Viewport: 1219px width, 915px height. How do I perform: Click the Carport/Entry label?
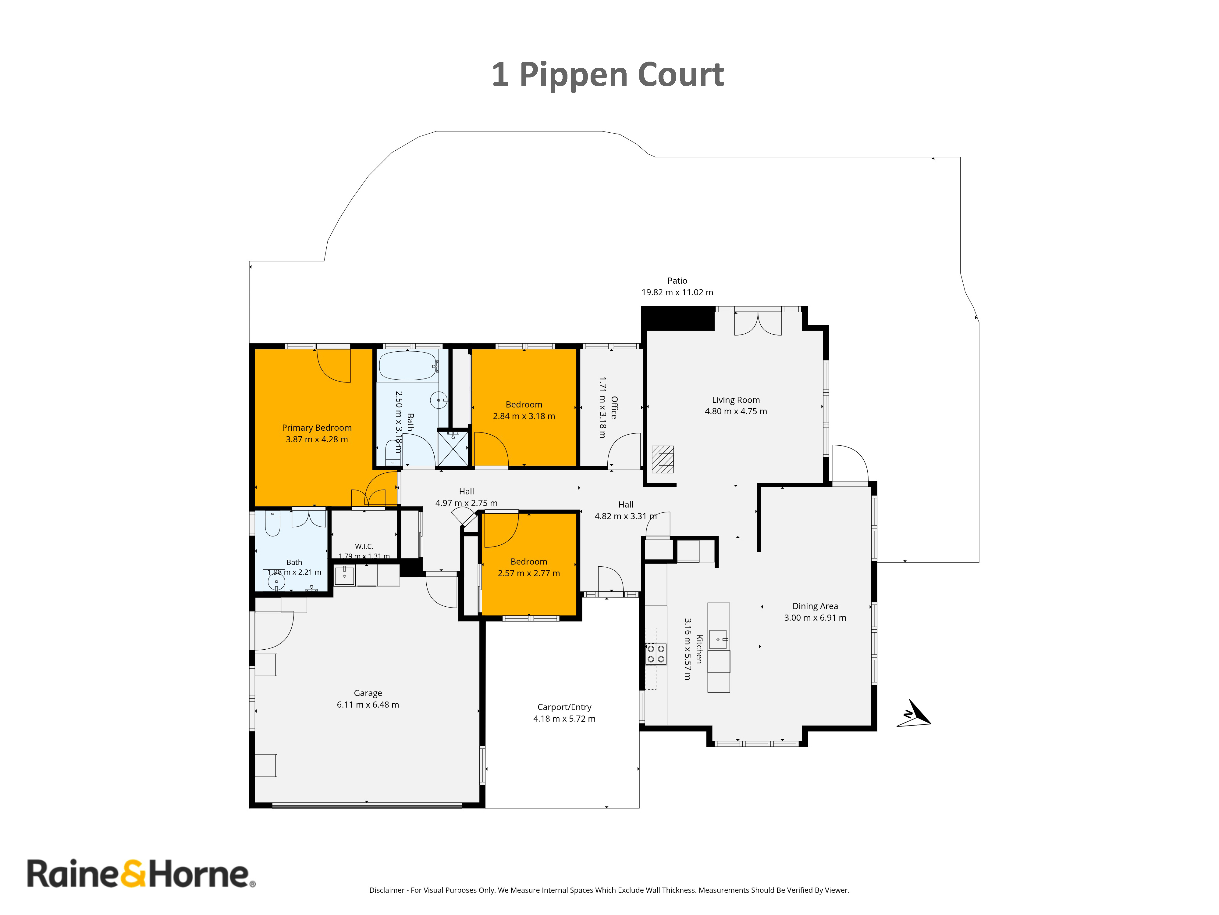point(564,707)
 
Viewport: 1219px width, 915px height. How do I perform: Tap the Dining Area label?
point(815,606)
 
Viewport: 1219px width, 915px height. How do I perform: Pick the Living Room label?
point(736,400)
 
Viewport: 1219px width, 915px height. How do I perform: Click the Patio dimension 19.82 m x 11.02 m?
point(677,292)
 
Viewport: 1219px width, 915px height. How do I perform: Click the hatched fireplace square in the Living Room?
point(663,459)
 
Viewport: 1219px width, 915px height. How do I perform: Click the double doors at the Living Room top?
point(758,323)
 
